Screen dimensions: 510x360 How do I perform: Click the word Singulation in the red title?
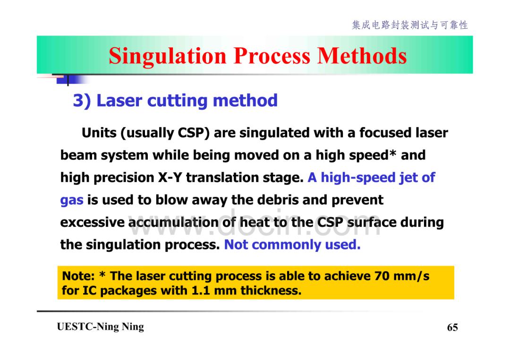pyautogui.click(x=168, y=56)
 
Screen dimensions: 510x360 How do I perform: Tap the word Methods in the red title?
pyautogui.click(x=362, y=56)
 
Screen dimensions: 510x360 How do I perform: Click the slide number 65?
pyautogui.click(x=452, y=327)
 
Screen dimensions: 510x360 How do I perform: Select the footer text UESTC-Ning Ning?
pyautogui.click(x=100, y=327)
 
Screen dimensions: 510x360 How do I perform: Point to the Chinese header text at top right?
pyautogui.click(x=410, y=25)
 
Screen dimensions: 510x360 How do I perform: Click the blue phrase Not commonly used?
pyautogui.click(x=292, y=245)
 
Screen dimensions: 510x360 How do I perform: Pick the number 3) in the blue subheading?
pyautogui.click(x=82, y=100)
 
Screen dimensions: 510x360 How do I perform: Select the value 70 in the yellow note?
pyautogui.click(x=382, y=276)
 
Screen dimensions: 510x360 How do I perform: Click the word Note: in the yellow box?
pyautogui.click(x=78, y=276)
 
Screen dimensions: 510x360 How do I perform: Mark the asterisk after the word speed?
pyautogui.click(x=393, y=154)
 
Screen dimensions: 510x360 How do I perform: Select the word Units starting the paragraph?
pyautogui.click(x=99, y=133)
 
